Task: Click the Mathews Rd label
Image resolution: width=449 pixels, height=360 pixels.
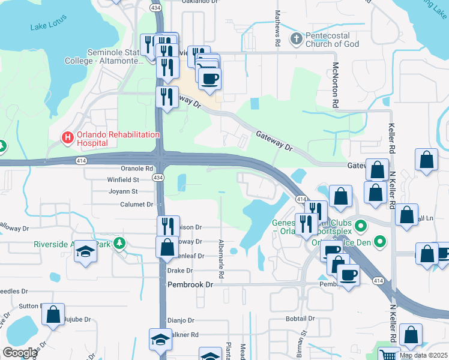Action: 278,29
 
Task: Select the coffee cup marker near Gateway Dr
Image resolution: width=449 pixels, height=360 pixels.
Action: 209,79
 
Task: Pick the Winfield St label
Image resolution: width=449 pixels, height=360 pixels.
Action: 123,179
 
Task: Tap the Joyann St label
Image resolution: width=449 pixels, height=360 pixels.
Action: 122,191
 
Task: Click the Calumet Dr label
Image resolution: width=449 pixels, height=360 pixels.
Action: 137,204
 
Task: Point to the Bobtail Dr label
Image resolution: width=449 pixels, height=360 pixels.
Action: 300,318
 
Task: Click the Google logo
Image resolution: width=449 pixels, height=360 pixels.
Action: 20,353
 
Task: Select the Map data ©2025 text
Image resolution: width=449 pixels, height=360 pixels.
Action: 423,355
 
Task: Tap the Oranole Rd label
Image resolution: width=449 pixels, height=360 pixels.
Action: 137,169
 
